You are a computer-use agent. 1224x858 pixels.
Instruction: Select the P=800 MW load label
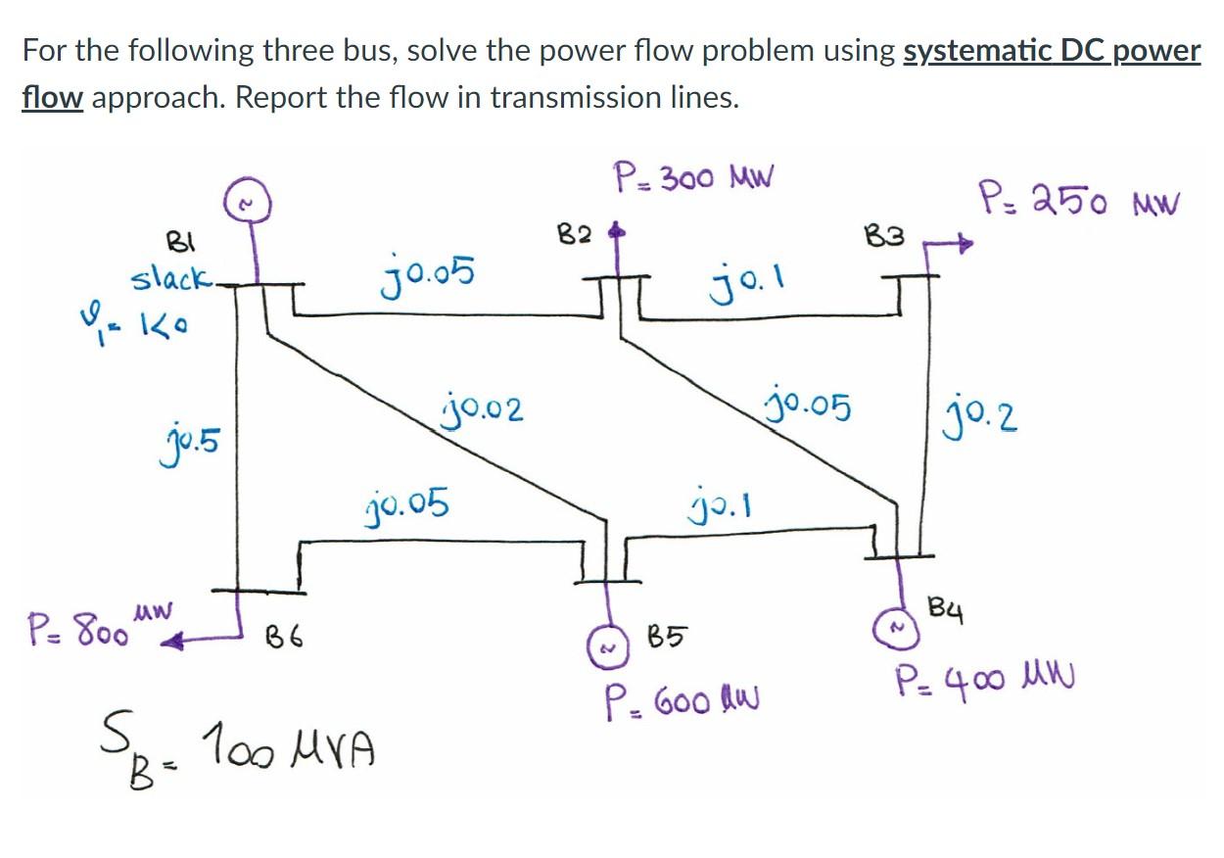98,623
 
